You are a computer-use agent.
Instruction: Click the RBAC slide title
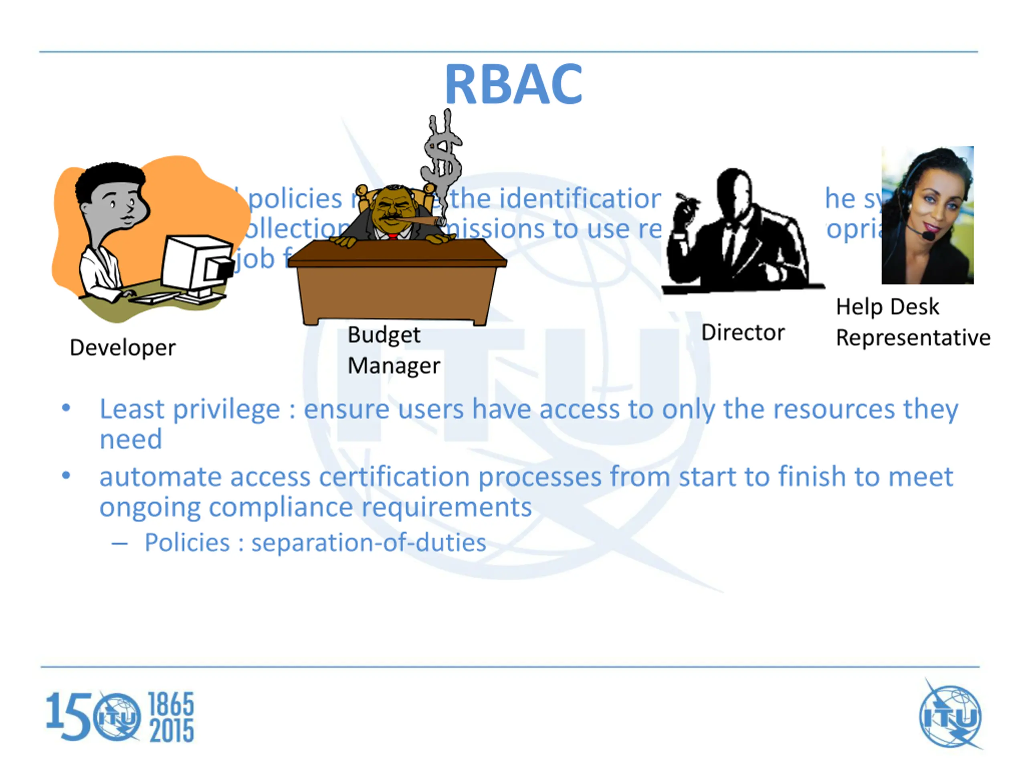(513, 85)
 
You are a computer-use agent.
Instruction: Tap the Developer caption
(123, 348)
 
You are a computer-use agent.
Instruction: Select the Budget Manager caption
(393, 350)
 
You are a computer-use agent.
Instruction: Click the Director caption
(743, 332)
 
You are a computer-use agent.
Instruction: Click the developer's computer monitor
(197, 264)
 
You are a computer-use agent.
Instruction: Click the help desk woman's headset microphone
(928, 236)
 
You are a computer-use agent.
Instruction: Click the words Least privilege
(189, 409)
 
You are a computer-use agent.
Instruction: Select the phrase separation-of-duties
(369, 543)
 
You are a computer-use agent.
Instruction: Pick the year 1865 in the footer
(171, 704)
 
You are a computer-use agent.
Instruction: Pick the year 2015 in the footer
(171, 731)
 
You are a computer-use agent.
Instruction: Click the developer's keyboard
(153, 298)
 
